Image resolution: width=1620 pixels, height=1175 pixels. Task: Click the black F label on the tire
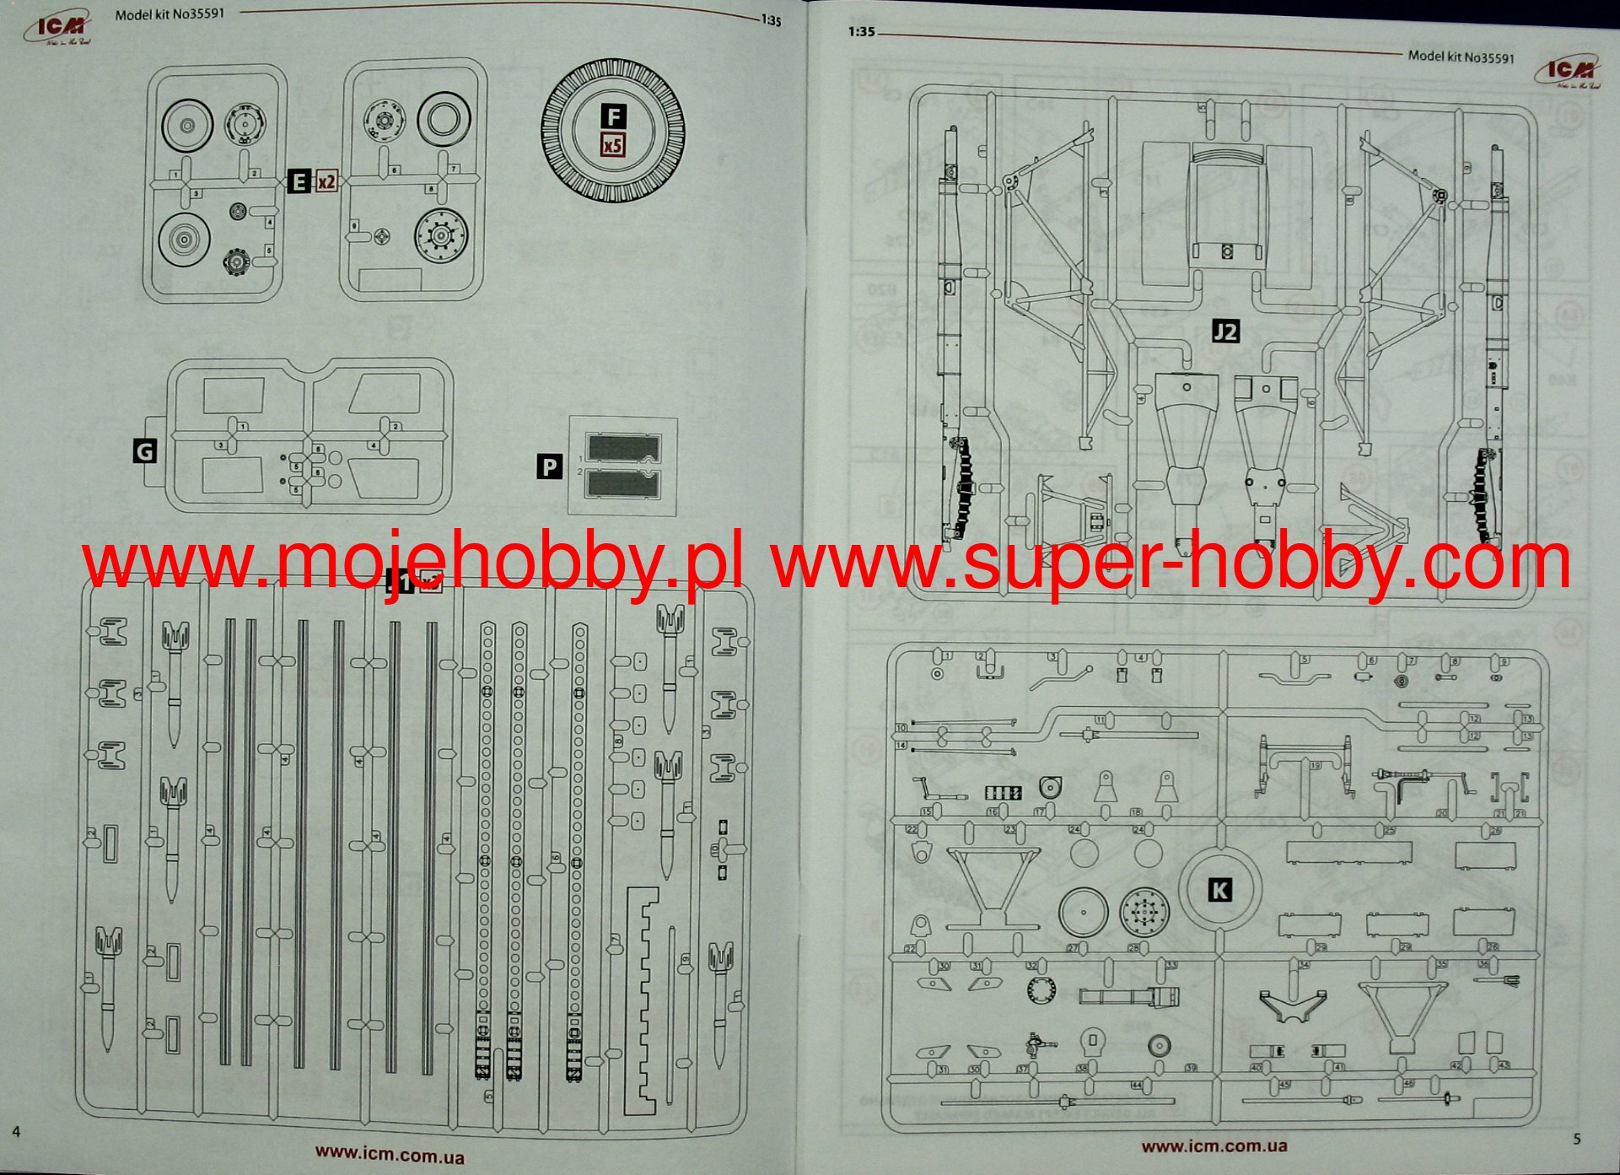613,116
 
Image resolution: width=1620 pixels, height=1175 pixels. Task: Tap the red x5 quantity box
613,145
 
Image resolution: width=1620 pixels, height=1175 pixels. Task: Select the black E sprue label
299,181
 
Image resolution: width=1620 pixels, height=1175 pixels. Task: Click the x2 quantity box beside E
326,181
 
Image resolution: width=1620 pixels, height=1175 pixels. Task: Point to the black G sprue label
145,451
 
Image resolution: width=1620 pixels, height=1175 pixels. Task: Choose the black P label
550,466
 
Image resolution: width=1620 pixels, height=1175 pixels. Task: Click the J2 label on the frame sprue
1225,331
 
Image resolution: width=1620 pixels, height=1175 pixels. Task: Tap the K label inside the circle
1219,889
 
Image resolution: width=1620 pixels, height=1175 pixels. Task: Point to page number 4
16,1131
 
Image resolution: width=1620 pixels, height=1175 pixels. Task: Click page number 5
1577,1139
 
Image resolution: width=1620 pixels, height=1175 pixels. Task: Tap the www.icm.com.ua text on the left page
390,1154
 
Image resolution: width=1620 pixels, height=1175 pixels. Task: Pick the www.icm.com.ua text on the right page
1214,1145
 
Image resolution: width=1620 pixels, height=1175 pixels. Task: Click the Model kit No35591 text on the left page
170,14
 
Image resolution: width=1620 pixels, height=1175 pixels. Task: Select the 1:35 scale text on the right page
862,32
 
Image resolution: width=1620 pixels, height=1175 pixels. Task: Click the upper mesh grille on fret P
623,448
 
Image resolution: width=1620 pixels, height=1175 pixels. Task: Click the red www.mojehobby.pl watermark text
413,563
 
